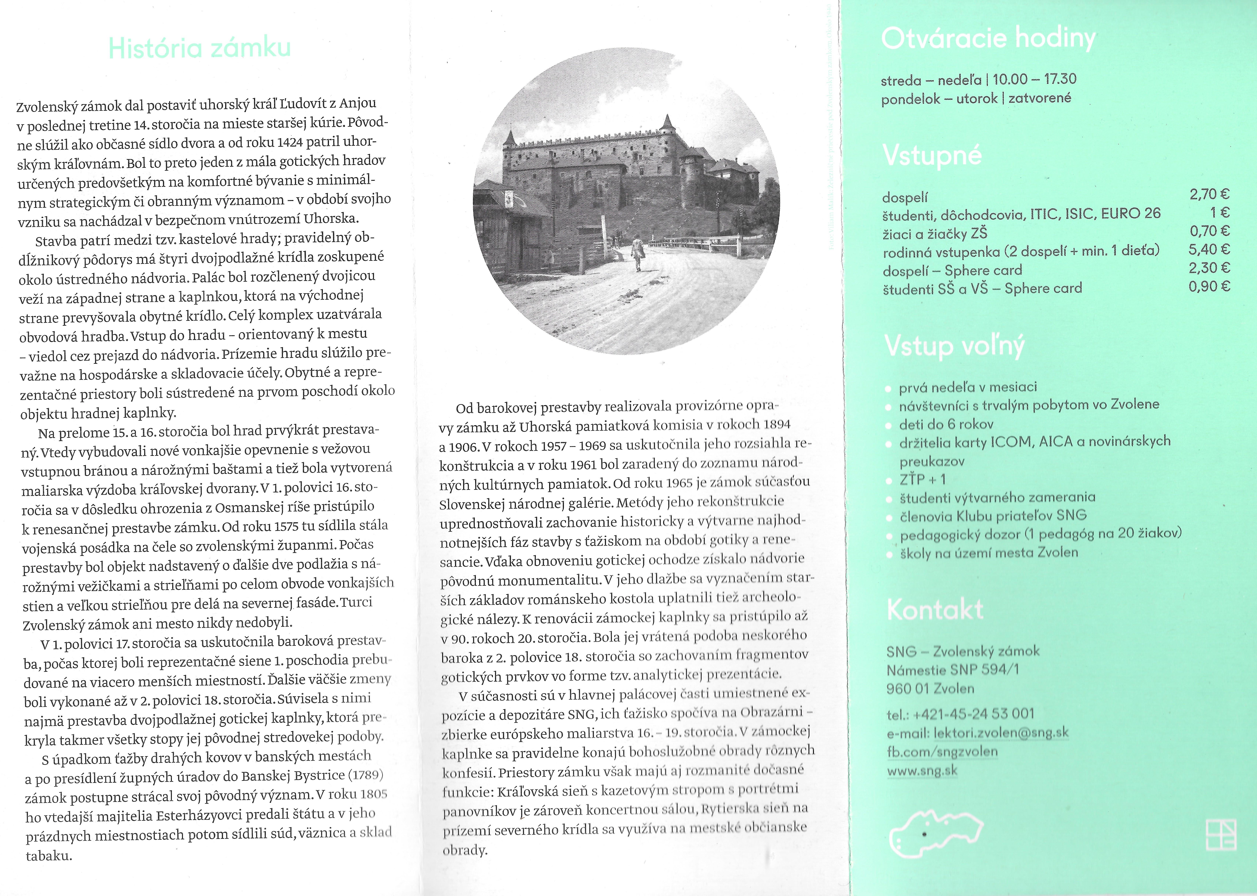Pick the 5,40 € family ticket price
1209,249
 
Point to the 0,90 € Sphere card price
1209,286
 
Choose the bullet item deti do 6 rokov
946,424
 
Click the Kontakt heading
935,610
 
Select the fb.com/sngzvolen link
942,751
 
